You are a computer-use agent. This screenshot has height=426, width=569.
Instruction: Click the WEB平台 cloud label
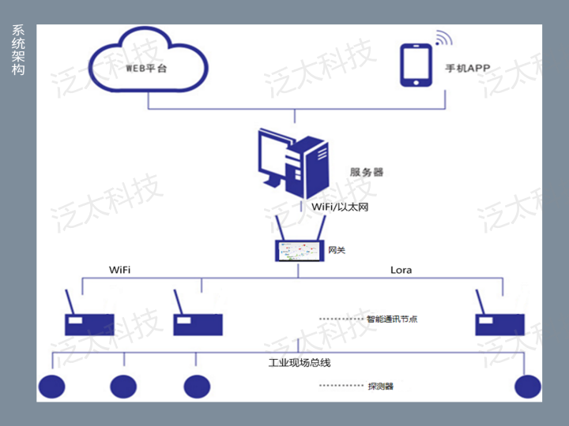(x=147, y=68)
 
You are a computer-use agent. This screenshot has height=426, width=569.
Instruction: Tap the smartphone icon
(x=416, y=65)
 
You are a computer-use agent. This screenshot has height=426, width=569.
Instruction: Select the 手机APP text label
(x=467, y=69)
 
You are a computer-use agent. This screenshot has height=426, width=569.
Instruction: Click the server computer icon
(x=293, y=163)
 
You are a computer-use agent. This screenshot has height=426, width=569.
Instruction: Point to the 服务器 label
(x=366, y=172)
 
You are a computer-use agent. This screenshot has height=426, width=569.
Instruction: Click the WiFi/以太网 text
(x=340, y=207)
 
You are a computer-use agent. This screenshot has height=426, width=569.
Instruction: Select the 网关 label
(x=337, y=252)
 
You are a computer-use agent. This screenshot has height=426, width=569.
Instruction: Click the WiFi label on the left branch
(x=119, y=270)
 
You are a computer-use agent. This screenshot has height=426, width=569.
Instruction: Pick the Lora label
(x=401, y=270)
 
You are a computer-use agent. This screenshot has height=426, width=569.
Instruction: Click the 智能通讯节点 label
(x=392, y=319)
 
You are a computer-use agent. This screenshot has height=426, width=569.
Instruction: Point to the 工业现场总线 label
(x=300, y=362)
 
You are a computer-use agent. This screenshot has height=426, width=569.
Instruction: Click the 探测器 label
(x=380, y=387)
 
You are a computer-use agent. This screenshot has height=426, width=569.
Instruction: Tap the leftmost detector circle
(x=52, y=386)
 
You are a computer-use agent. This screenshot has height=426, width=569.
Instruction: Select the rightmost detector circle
(x=527, y=386)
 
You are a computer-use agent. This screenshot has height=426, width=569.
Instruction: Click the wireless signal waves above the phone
(x=442, y=37)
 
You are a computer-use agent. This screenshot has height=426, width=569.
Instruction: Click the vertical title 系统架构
(x=18, y=50)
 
